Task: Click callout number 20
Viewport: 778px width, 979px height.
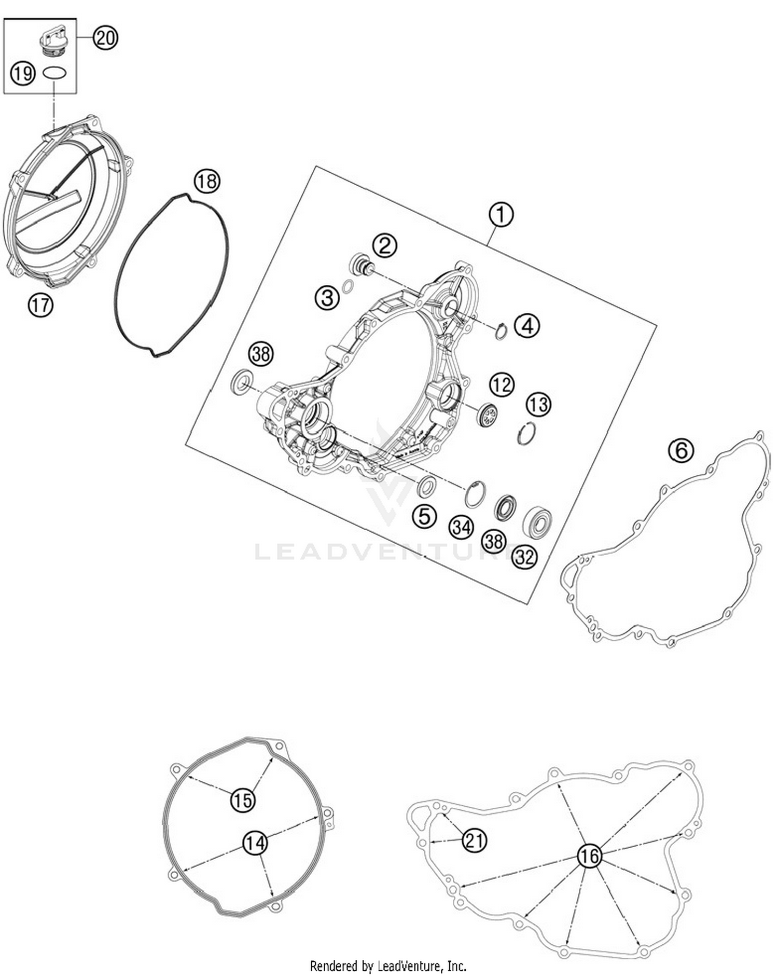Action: coord(105,38)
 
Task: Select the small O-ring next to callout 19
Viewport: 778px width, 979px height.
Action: coord(55,73)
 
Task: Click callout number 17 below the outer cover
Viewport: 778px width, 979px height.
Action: coord(40,305)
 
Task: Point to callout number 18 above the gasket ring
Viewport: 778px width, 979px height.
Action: coord(207,182)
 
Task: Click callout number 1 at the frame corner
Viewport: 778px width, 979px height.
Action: coord(501,214)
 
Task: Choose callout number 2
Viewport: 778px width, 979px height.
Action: coord(385,245)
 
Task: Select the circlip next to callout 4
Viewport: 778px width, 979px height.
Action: coord(501,330)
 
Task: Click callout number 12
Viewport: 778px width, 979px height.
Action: coord(502,385)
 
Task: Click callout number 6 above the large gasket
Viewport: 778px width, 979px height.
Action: coord(681,450)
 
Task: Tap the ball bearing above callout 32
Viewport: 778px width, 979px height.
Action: coord(537,521)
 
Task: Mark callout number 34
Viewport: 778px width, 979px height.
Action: coord(461,528)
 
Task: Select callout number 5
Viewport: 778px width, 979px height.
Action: coord(424,516)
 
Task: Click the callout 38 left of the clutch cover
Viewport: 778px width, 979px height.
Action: coord(261,354)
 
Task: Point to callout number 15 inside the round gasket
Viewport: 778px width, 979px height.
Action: coord(243,800)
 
